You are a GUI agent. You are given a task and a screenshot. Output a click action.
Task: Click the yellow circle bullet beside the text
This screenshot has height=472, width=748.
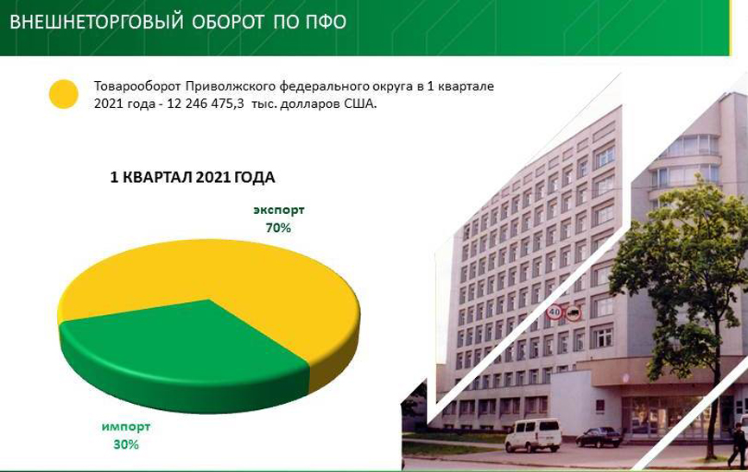pyautogui.click(x=64, y=94)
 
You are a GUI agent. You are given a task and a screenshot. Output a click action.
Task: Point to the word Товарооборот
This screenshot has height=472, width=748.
pyautogui.click(x=137, y=86)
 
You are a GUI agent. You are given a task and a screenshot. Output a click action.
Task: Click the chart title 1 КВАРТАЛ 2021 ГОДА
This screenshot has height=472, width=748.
pyautogui.click(x=193, y=178)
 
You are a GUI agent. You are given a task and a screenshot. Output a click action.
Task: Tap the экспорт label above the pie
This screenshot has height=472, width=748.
pyautogui.click(x=279, y=210)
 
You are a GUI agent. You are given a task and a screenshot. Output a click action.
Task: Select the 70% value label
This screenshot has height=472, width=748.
pyautogui.click(x=278, y=228)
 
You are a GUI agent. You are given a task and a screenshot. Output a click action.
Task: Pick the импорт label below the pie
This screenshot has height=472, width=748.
pyautogui.click(x=126, y=426)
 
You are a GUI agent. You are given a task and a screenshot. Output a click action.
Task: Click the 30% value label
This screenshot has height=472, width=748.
pyautogui.click(x=126, y=444)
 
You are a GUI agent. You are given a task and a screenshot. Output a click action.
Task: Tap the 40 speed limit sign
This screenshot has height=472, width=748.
pyautogui.click(x=554, y=312)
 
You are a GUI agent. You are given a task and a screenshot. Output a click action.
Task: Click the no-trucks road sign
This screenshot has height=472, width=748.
pyautogui.click(x=574, y=312)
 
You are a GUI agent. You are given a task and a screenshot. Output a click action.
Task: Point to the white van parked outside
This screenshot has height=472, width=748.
pyautogui.click(x=533, y=435)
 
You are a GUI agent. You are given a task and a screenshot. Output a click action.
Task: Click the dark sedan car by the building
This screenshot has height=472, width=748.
pyautogui.click(x=599, y=437)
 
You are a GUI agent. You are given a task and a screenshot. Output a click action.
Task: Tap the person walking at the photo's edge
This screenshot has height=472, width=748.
pyautogui.click(x=738, y=445)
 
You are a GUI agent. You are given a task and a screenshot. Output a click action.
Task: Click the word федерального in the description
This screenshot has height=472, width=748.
pyautogui.click(x=322, y=86)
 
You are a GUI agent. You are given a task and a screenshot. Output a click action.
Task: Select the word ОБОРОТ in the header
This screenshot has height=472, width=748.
pyautogui.click(x=229, y=22)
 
